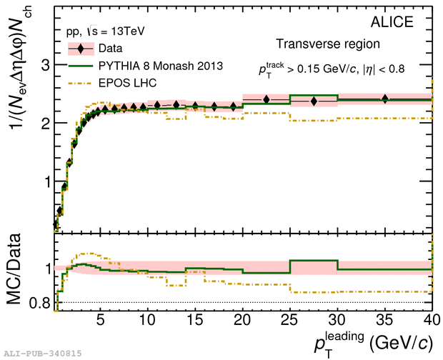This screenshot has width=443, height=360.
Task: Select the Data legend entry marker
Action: [82, 49]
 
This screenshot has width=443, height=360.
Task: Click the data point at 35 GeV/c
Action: [386, 99]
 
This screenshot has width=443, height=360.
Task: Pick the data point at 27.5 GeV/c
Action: [314, 101]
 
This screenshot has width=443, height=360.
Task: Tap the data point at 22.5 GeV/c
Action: [267, 99]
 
